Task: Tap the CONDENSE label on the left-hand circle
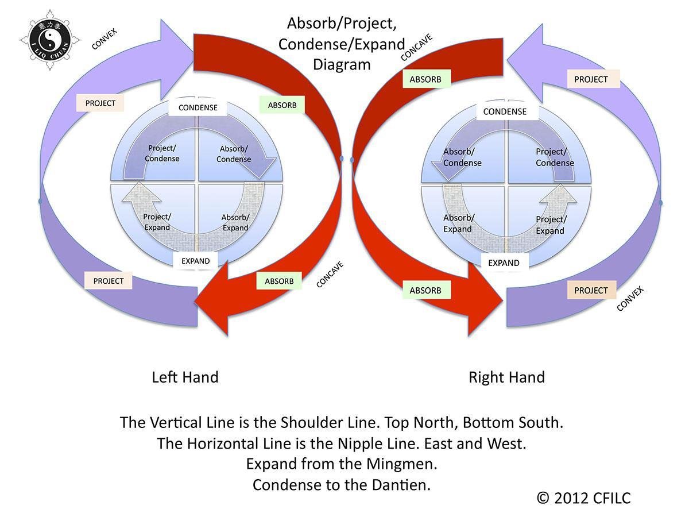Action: (x=198, y=107)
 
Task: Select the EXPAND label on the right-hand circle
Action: (x=504, y=263)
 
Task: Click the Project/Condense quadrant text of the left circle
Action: (x=162, y=153)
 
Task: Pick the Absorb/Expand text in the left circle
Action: (x=235, y=222)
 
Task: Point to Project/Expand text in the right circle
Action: (x=551, y=225)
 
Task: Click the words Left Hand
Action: (x=185, y=377)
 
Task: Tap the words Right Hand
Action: (x=506, y=377)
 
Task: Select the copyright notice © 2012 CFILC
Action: (x=583, y=498)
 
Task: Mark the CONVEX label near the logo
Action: (x=104, y=39)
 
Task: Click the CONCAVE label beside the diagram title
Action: (x=416, y=47)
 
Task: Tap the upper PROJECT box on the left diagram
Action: (x=100, y=103)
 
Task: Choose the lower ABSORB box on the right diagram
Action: (x=425, y=291)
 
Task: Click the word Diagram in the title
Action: (x=342, y=64)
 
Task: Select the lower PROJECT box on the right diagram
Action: (x=591, y=291)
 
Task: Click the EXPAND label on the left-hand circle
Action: (x=196, y=261)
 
